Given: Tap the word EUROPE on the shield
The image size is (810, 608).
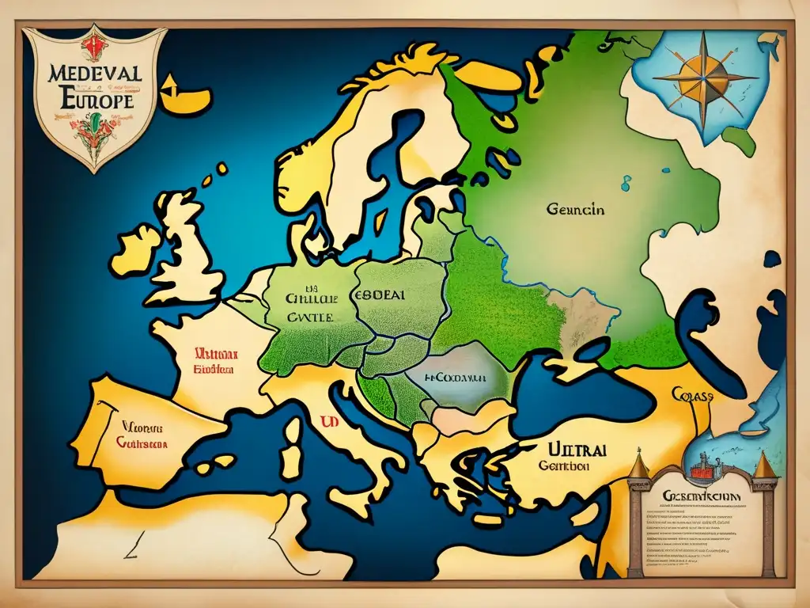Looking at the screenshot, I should [93, 101].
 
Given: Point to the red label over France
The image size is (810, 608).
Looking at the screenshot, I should [216, 361].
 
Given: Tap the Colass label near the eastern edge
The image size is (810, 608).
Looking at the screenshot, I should [692, 394].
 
